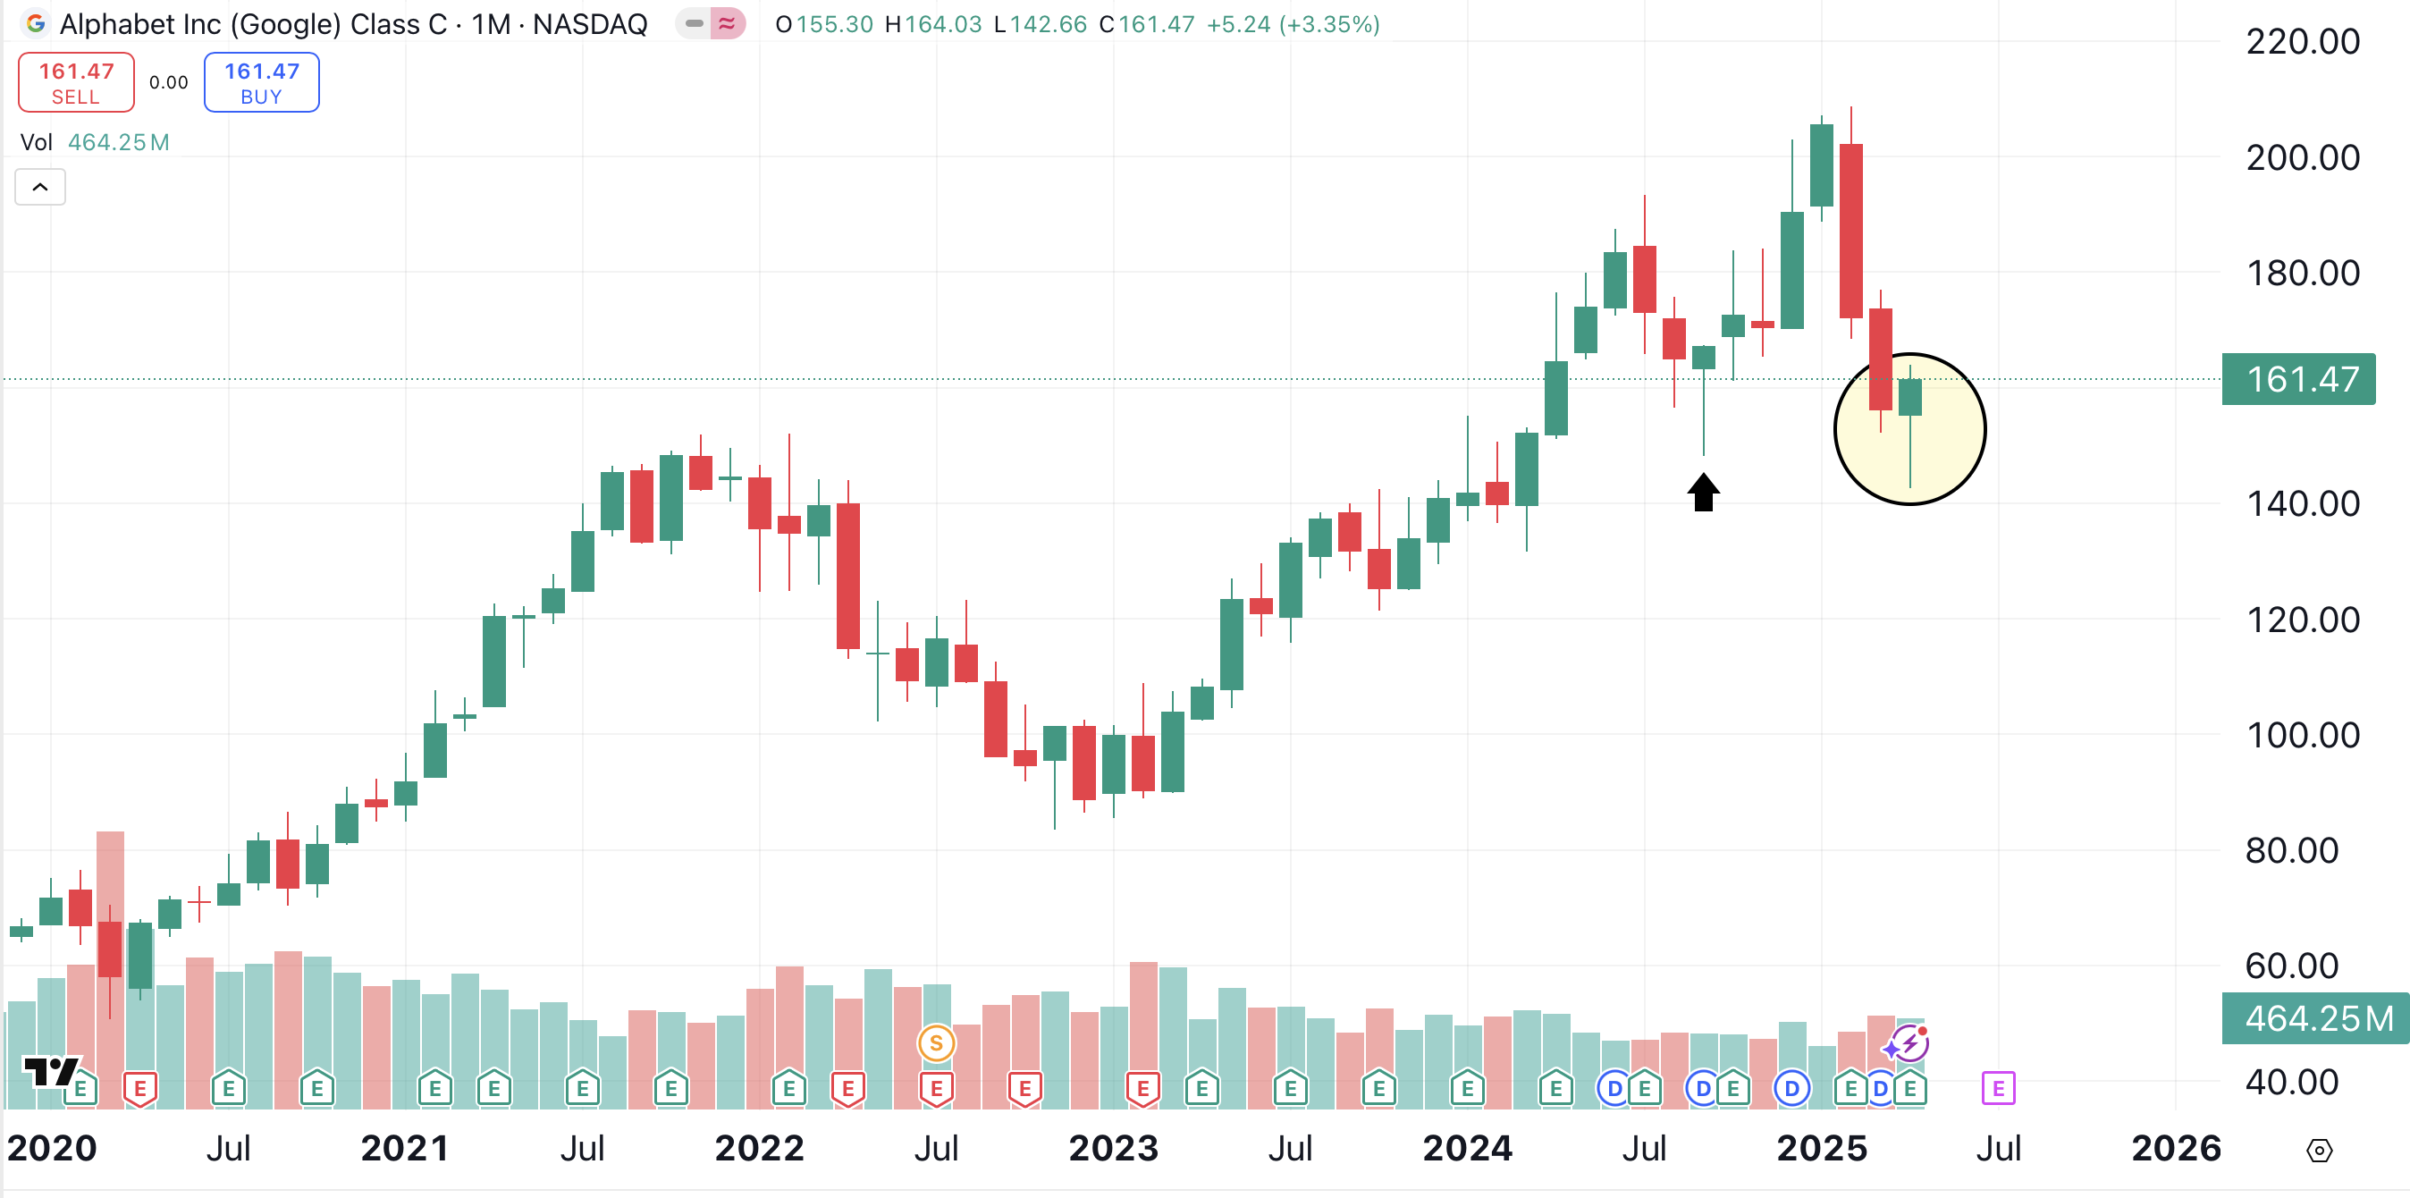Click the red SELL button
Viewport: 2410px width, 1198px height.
pyautogui.click(x=76, y=82)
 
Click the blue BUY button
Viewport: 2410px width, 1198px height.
pyautogui.click(x=261, y=82)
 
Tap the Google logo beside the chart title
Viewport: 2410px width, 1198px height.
pyautogui.click(x=36, y=23)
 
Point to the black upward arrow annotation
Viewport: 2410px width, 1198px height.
pyautogui.click(x=1703, y=493)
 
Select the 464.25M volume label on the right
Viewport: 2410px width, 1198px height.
pyautogui.click(x=2314, y=1017)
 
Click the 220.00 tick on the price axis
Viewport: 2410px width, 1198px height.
pyautogui.click(x=2303, y=42)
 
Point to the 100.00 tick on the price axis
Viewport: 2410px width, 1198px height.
pyautogui.click(x=2303, y=735)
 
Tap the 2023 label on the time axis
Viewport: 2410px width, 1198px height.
pyautogui.click(x=1113, y=1147)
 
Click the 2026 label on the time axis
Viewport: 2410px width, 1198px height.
pyautogui.click(x=2176, y=1147)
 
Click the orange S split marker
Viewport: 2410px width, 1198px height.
pyautogui.click(x=936, y=1042)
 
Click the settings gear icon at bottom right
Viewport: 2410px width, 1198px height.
pyautogui.click(x=2319, y=1150)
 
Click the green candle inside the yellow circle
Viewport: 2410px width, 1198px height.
pyautogui.click(x=1909, y=397)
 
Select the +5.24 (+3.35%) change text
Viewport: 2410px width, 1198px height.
pyautogui.click(x=1293, y=24)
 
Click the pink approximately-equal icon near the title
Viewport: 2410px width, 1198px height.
pyautogui.click(x=727, y=23)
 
